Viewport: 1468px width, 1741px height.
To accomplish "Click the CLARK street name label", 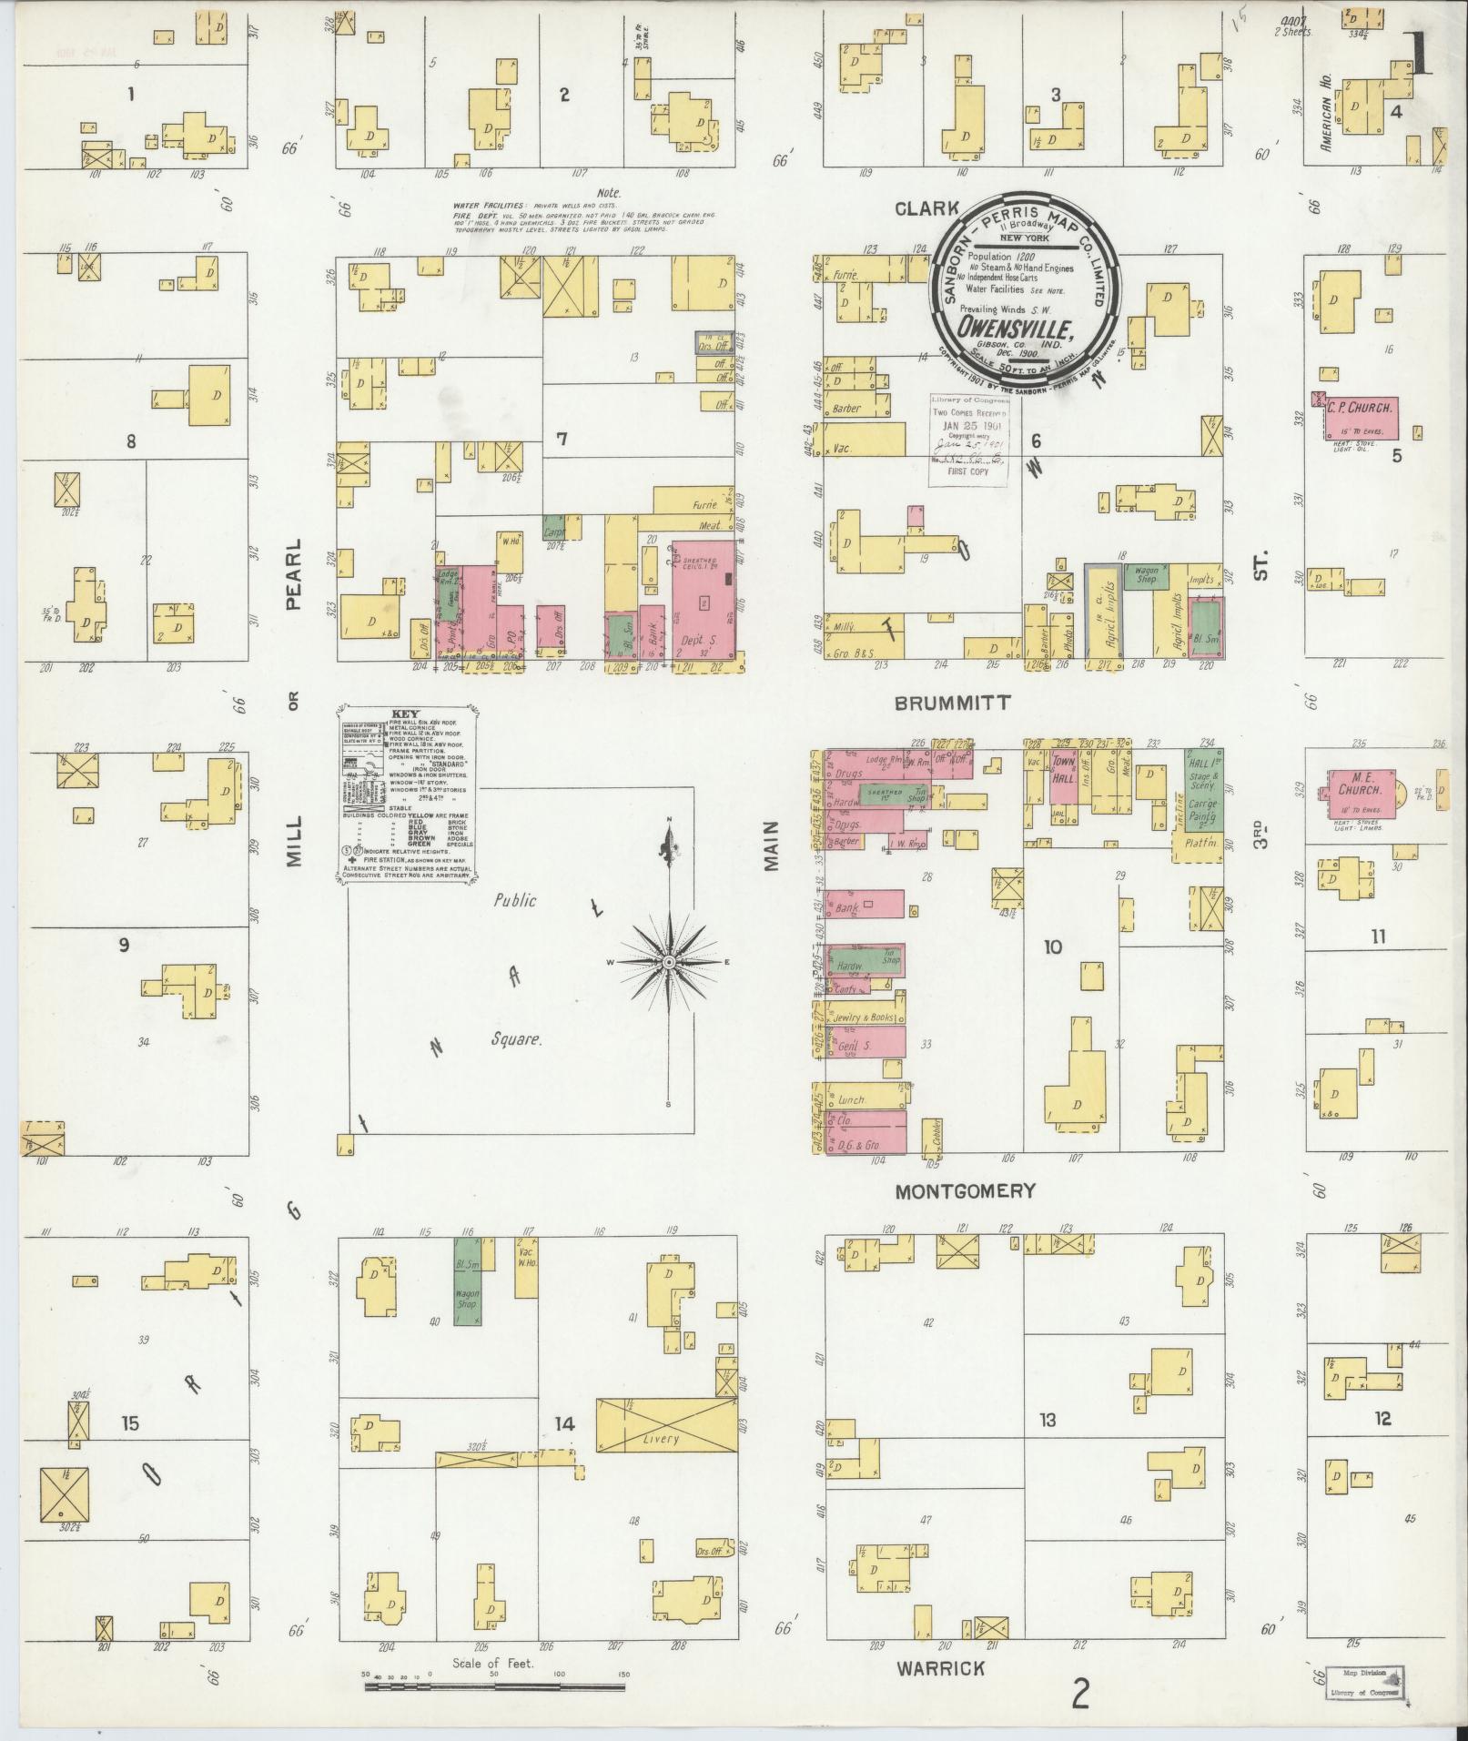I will pos(926,209).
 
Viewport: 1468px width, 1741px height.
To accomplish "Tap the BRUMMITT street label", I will pos(952,703).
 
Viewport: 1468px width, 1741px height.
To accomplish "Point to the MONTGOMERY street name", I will pos(966,1190).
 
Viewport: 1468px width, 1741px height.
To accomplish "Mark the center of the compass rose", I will pos(669,962).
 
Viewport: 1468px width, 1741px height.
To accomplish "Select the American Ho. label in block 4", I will pos(1328,112).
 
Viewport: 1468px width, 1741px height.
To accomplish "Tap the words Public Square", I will pos(516,967).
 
